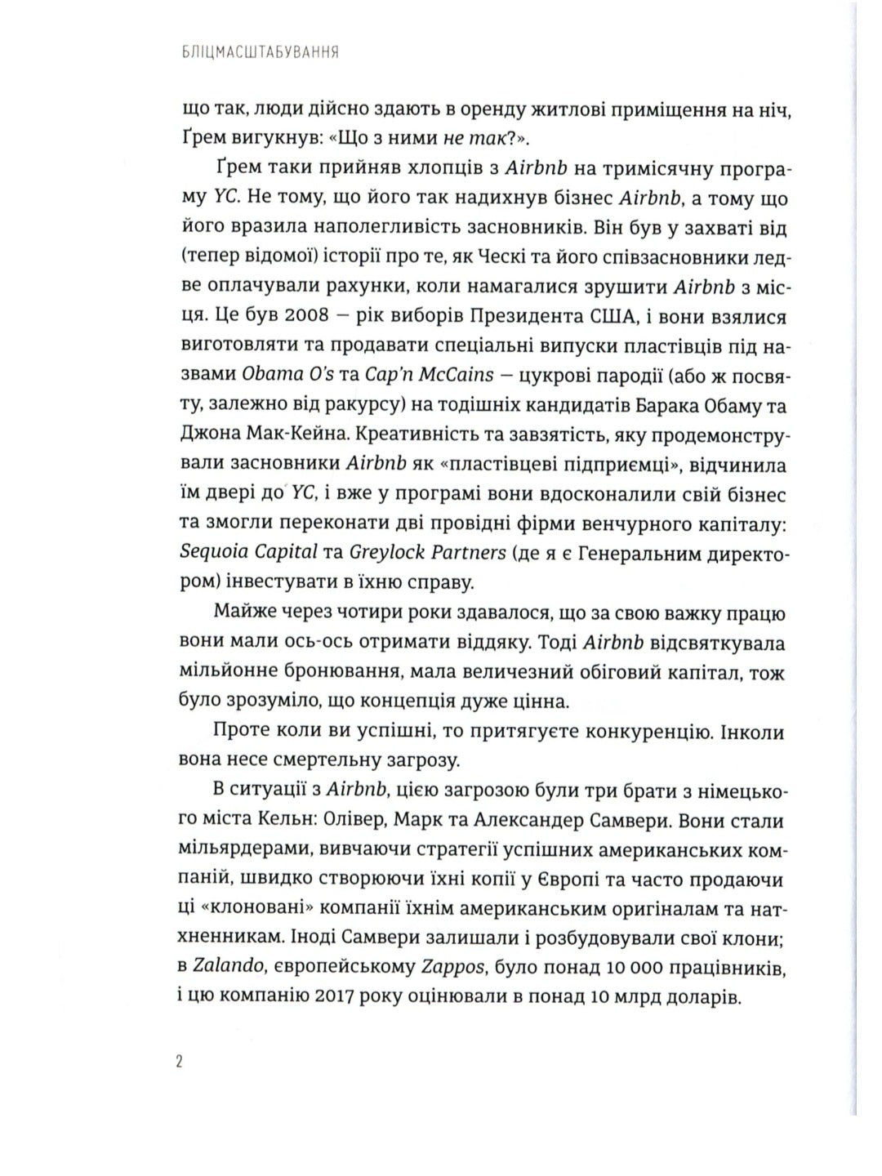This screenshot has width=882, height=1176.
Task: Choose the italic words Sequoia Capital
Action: tap(247, 553)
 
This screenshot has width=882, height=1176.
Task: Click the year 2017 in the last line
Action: tap(361, 998)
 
